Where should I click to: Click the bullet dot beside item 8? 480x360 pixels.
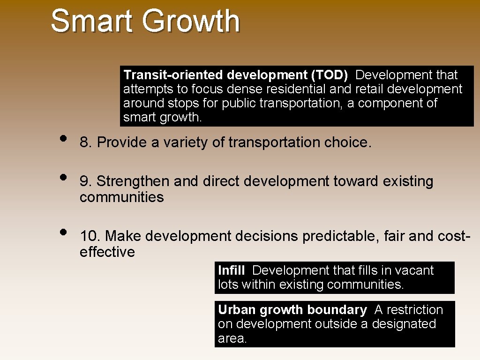coord(63,139)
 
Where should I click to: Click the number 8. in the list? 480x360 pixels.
coord(86,142)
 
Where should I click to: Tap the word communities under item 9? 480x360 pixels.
coord(121,197)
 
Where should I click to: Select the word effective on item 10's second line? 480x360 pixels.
coord(107,252)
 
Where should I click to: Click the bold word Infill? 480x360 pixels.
coord(231,270)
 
